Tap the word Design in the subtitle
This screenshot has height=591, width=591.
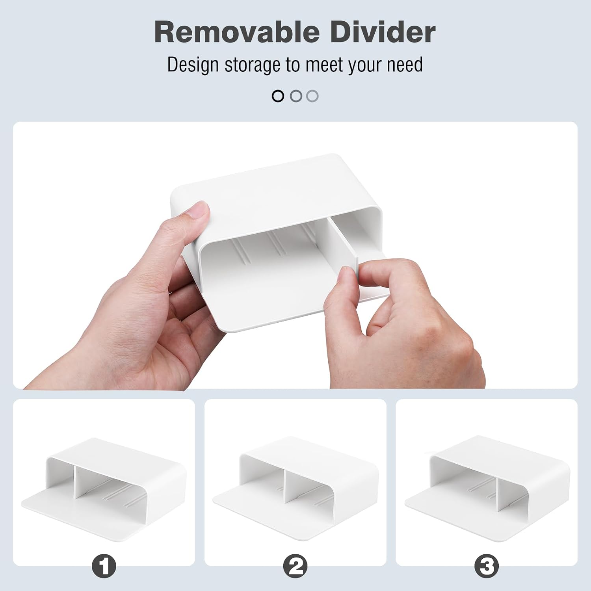(x=193, y=65)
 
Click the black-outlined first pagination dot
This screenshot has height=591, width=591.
(x=278, y=96)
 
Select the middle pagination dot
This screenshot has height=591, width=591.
(x=295, y=96)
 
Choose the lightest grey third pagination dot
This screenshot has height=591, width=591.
(x=312, y=96)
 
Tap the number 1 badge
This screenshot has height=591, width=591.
(x=104, y=566)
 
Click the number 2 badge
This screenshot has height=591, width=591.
(x=295, y=566)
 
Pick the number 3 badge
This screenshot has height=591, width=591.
(x=487, y=566)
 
